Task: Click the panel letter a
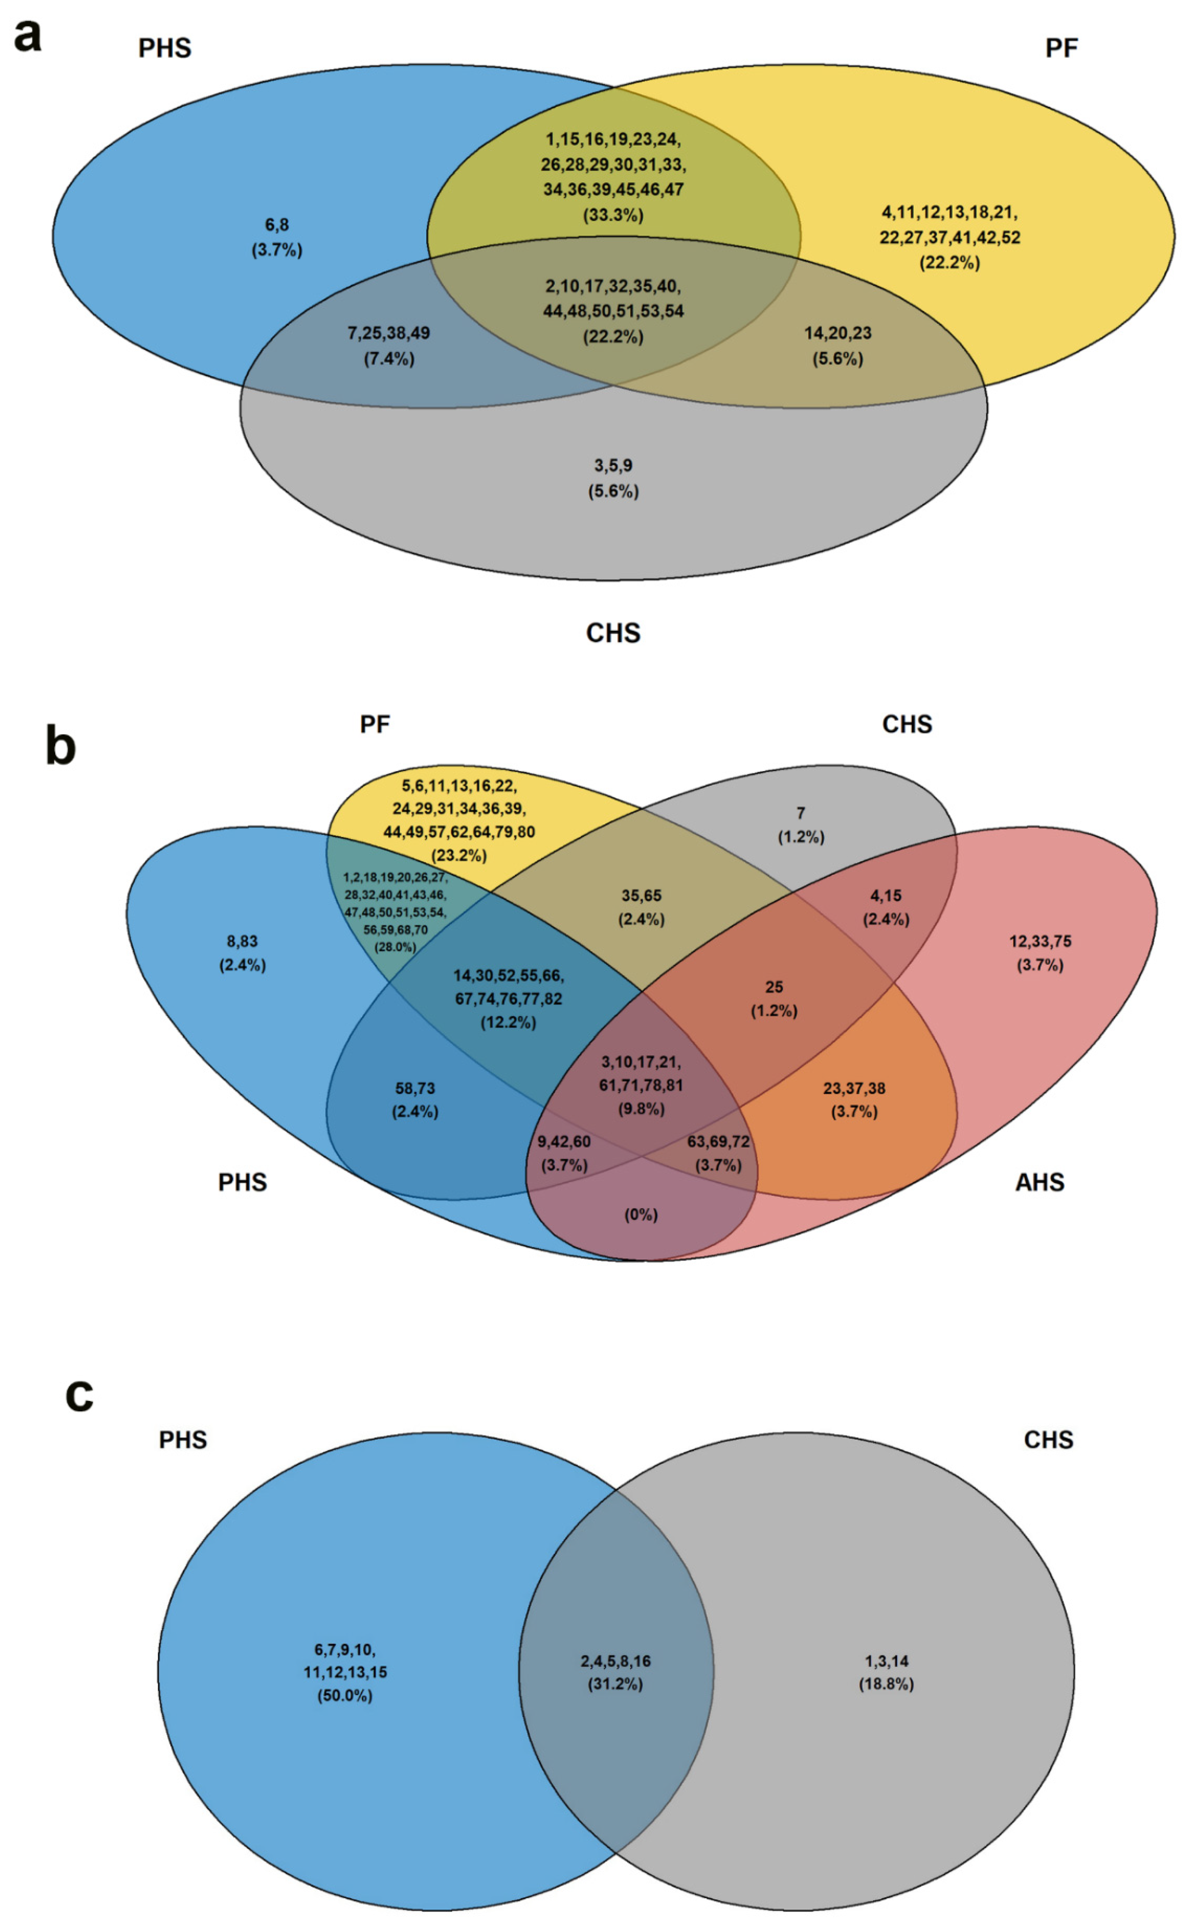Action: [x=28, y=36]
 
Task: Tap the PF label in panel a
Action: [x=1061, y=48]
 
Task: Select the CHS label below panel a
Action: [x=613, y=633]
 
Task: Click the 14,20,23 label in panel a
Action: [x=838, y=333]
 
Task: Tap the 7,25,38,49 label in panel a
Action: [x=388, y=333]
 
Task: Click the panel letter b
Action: [x=61, y=746]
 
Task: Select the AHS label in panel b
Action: [x=1040, y=1182]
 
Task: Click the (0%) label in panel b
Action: [x=641, y=1214]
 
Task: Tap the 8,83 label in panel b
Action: [x=242, y=941]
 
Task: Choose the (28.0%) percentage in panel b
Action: [x=395, y=947]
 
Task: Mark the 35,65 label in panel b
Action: [x=641, y=896]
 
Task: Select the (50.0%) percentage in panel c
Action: [x=345, y=1696]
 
